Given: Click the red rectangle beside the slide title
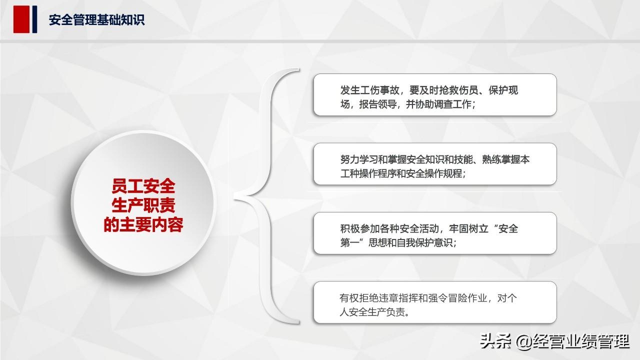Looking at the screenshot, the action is pyautogui.click(x=21, y=19).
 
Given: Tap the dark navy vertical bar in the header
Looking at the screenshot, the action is pyautogui.click(x=34, y=19).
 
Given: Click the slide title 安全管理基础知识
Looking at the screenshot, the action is pyautogui.click(x=96, y=20).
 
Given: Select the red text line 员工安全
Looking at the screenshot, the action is pyautogui.click(x=143, y=186).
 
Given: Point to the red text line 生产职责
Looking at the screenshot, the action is pyautogui.click(x=143, y=205).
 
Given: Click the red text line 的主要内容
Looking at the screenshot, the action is pyautogui.click(x=143, y=224).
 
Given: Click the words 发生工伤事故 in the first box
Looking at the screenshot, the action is pyautogui.click(x=369, y=90).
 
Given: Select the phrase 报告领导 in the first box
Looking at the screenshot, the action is pyautogui.click(x=377, y=104).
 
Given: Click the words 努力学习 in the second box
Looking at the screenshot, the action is pyautogui.click(x=359, y=159).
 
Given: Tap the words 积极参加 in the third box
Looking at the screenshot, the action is pyautogui.click(x=359, y=229).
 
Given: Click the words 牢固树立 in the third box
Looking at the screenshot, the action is pyautogui.click(x=468, y=229).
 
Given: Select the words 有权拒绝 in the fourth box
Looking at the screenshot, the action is pyautogui.click(x=358, y=298).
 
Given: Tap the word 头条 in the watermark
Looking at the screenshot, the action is pyautogui.click(x=495, y=341).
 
